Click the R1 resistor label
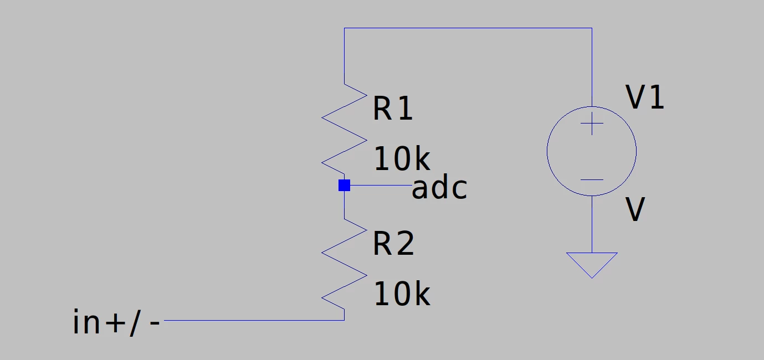393,108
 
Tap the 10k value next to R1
402,158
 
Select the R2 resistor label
393,243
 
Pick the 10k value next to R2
402,294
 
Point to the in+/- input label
116,322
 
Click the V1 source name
645,97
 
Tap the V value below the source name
635,209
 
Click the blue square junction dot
344,186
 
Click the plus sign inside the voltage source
592,124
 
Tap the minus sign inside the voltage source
592,179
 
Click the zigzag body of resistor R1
344,129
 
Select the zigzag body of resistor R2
344,264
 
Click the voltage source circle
547,151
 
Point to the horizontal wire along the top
468,28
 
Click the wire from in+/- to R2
254,321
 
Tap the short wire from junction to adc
381,186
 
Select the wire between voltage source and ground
592,224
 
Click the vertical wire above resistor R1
344,56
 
